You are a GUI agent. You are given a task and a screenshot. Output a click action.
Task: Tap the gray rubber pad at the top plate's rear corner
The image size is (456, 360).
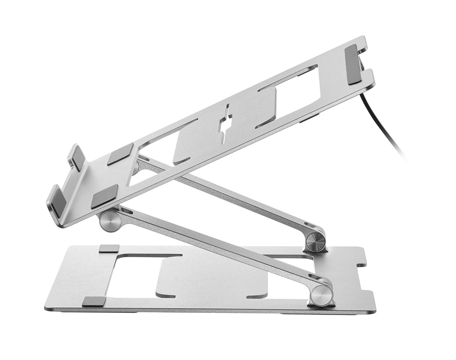[354, 64]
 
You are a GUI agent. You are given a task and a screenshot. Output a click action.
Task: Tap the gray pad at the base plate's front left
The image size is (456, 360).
[94, 301]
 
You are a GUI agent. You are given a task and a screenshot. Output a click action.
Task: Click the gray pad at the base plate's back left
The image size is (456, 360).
[109, 248]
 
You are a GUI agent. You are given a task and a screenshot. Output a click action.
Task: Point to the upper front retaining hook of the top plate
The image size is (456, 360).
[76, 157]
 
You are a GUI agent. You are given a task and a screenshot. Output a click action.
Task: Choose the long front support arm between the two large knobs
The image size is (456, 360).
[214, 249]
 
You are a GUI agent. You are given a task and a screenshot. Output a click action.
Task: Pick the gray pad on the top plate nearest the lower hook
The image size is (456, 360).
[105, 196]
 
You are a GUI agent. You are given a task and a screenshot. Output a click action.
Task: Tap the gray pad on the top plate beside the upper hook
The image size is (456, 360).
[120, 154]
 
